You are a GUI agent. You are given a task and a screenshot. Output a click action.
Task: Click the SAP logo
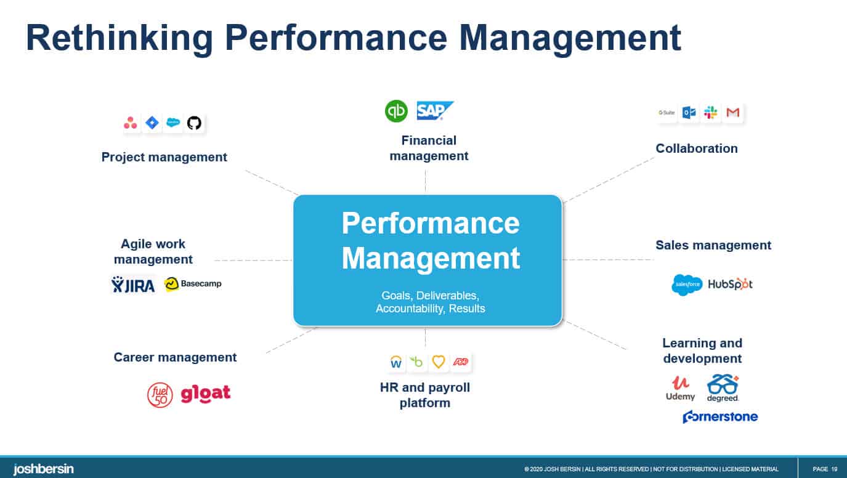coord(435,111)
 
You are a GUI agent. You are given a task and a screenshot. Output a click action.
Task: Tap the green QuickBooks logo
coord(396,111)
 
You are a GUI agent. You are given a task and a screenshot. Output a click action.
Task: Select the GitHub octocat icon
coord(194,123)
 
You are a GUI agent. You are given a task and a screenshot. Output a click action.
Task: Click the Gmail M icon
coord(732,113)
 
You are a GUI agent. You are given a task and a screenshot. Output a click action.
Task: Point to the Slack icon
coord(711,113)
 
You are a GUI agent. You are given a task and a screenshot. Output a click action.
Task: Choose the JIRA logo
coord(133,284)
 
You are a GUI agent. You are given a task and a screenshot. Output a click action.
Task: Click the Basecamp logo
coord(193,284)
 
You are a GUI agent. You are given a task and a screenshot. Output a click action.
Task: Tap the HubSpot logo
coord(730,285)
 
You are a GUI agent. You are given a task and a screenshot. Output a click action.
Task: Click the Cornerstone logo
coord(720,417)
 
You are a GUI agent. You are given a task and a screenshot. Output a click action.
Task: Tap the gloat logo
coord(206,394)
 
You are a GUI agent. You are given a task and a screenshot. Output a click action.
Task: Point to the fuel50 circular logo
coord(160,395)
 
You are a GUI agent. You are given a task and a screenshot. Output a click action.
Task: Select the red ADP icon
coord(460,362)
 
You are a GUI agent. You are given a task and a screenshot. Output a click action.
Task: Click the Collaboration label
coord(696,148)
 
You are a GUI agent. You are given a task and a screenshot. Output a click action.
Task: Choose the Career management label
coord(175,357)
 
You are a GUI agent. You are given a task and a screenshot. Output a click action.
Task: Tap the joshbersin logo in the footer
coord(43,469)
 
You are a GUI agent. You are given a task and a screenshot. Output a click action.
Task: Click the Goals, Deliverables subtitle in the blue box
coord(430,296)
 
